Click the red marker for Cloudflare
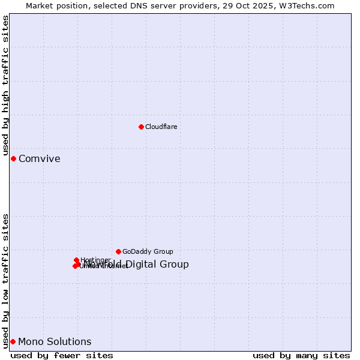[141, 127]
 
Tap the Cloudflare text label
[161, 127]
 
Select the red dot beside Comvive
[13, 158]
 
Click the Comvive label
[39, 159]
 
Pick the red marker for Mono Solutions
[13, 341]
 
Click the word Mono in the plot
[29, 342]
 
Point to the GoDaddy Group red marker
[118, 251]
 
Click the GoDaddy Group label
[148, 252]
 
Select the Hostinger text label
[95, 260]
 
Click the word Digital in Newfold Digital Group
[142, 265]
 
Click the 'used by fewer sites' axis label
[62, 355]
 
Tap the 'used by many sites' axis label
[301, 355]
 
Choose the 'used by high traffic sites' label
[6, 86]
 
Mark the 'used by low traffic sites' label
[6, 281]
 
